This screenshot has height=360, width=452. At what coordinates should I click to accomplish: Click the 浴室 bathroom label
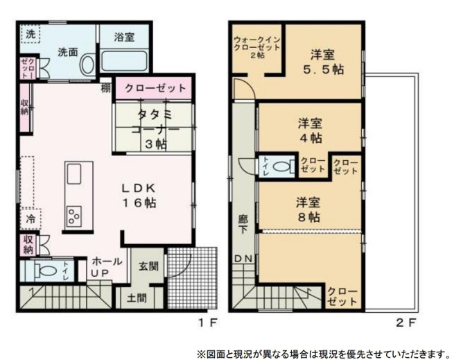click(125, 37)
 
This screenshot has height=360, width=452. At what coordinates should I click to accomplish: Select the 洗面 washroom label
click(67, 51)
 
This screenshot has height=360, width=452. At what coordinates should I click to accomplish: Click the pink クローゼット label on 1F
click(155, 88)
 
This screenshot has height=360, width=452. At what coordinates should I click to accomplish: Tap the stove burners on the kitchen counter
click(73, 215)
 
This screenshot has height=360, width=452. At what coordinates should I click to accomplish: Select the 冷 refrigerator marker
click(31, 217)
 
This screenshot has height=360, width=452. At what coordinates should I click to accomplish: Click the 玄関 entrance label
click(148, 266)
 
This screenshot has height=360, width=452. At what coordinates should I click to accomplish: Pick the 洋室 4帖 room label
click(310, 130)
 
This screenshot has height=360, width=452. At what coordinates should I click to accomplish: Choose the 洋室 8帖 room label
click(309, 209)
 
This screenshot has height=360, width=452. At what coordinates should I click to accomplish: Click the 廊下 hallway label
click(243, 223)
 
